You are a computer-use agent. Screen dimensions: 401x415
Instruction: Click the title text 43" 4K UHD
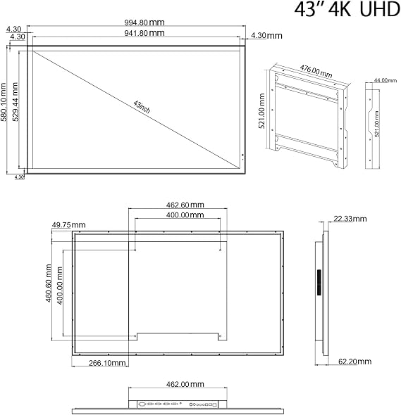click(347, 10)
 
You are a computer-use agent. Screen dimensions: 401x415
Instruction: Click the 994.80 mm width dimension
click(144, 23)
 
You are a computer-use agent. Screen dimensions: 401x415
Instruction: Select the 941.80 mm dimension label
click(144, 33)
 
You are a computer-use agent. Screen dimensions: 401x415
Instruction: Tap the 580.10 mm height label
click(4, 102)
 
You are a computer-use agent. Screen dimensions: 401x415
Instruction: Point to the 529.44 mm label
click(16, 102)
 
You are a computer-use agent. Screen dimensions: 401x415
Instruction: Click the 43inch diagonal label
click(142, 107)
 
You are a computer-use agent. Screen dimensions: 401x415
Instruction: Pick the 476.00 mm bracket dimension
click(316, 72)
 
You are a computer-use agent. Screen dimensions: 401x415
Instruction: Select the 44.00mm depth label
click(385, 80)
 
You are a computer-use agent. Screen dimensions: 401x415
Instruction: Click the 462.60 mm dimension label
click(185, 205)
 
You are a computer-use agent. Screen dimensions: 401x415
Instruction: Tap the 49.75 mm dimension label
click(68, 225)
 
